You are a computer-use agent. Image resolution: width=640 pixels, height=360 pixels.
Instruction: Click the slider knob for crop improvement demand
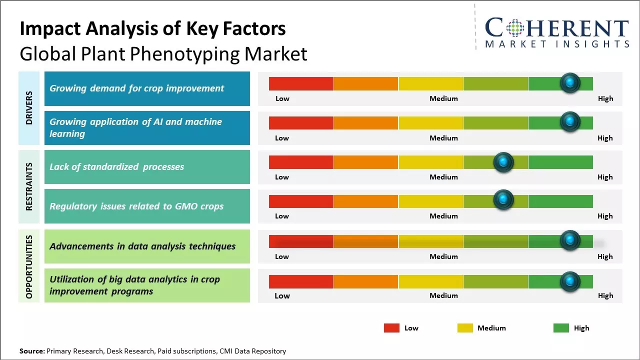coord(570,83)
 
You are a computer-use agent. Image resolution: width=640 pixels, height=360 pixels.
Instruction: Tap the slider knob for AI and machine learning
coord(570,122)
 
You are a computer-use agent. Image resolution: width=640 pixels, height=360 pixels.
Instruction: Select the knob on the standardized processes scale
coord(503,162)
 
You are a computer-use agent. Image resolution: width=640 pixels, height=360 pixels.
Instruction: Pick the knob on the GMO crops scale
coord(503,200)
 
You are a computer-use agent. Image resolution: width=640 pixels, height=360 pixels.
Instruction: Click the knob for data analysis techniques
coord(570,240)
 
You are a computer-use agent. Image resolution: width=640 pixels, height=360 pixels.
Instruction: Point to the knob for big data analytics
coord(570,281)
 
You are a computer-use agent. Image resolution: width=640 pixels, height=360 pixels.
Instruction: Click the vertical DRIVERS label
coord(29,108)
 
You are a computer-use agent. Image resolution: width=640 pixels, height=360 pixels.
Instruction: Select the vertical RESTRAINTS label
coord(29,186)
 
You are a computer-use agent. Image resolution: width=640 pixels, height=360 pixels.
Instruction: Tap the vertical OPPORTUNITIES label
coord(29,266)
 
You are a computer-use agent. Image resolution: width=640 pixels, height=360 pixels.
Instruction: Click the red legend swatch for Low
coord(391,328)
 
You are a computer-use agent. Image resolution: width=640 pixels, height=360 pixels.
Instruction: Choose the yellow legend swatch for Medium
coord(465,328)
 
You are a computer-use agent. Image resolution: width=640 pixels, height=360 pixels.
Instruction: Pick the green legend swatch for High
coord(561,328)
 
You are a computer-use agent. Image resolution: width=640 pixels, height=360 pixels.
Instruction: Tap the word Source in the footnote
coord(31,351)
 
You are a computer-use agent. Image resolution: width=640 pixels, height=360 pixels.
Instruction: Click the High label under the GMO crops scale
coord(605,216)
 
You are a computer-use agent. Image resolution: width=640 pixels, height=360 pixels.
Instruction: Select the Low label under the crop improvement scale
coord(282,98)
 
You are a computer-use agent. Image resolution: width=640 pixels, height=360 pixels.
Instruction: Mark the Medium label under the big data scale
coord(443,295)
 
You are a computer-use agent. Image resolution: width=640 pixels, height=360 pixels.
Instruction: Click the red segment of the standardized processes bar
coord(301,162)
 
